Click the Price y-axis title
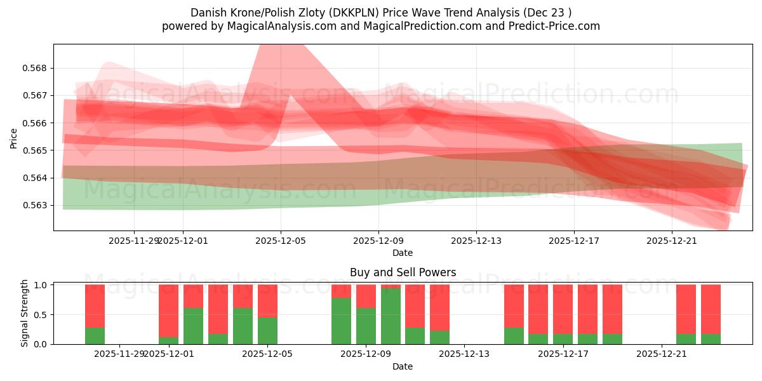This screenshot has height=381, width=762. [14, 138]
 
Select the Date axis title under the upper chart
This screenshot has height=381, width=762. [403, 253]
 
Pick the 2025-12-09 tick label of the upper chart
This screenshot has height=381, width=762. [378, 241]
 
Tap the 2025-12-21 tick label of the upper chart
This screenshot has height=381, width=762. [672, 241]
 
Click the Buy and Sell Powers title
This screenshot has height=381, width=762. [403, 272]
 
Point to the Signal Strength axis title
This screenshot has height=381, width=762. [25, 313]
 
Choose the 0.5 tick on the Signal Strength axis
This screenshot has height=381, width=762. [39, 314]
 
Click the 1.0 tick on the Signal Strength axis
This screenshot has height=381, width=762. [39, 285]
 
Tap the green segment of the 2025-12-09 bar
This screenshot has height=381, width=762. [366, 326]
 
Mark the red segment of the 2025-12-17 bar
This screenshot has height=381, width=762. [563, 309]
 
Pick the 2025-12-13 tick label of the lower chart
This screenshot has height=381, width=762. [464, 354]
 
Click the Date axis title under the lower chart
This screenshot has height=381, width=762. [403, 366]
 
